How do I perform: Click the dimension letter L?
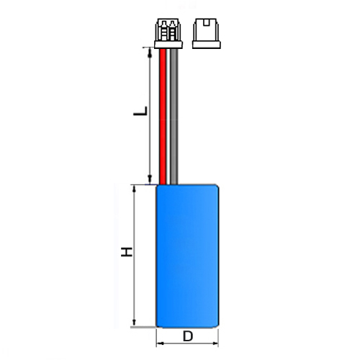pyautogui.click(x=140, y=111)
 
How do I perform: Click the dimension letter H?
pyautogui.click(x=127, y=252)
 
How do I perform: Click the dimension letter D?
pyautogui.click(x=188, y=336)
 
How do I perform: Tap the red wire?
pyautogui.click(x=163, y=117)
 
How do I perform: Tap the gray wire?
pyautogui.click(x=174, y=117)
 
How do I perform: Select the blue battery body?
pyautogui.click(x=187, y=256)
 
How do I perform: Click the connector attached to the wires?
pyautogui.click(x=168, y=33)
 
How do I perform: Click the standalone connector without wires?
pyautogui.click(x=207, y=33)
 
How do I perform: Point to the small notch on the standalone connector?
pyautogui.click(x=206, y=23)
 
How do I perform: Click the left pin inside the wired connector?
pyautogui.click(x=164, y=30)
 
